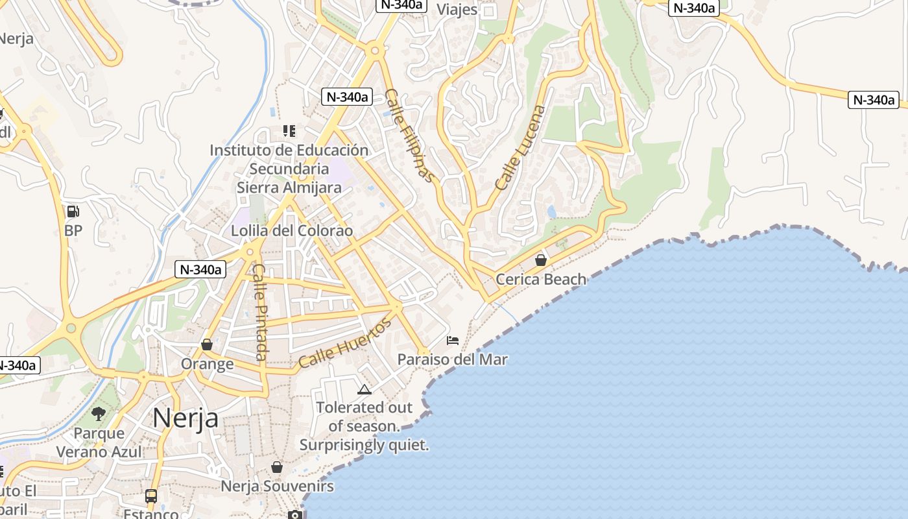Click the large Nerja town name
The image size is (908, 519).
[x=185, y=418]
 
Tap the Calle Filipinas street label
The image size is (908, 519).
[x=409, y=135]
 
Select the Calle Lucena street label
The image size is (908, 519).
[x=520, y=147]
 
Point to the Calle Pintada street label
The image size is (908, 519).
[x=260, y=311]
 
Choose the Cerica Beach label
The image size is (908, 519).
[x=541, y=280]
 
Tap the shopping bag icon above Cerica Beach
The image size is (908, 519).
[x=540, y=260]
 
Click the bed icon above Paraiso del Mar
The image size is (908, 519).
[x=453, y=341]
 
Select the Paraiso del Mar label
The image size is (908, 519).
[x=452, y=359]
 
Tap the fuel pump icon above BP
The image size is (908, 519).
[x=73, y=211]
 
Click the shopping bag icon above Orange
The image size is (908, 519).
[x=207, y=344]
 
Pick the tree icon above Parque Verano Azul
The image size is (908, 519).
[x=99, y=413]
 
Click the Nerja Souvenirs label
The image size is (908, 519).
[x=277, y=486]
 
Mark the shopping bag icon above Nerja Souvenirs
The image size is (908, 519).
[x=277, y=467]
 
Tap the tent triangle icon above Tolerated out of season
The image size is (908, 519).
[x=364, y=389]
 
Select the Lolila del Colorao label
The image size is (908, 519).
[x=292, y=231]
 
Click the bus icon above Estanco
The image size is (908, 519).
[x=151, y=496]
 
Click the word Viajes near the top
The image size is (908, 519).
[x=457, y=10]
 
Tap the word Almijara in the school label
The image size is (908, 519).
[x=309, y=187]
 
